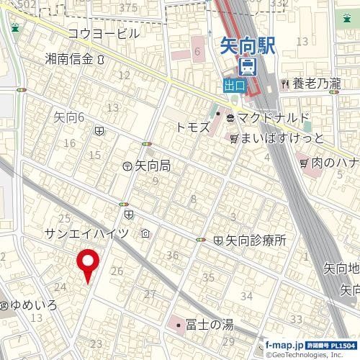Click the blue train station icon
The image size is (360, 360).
point(247,68)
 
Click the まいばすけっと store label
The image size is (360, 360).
point(283,138)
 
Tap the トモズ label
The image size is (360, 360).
point(193,127)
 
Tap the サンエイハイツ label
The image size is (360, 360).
point(86,233)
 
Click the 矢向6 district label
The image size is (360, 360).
point(70,115)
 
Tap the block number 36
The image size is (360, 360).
point(172,256)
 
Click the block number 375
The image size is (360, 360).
point(128,7)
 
